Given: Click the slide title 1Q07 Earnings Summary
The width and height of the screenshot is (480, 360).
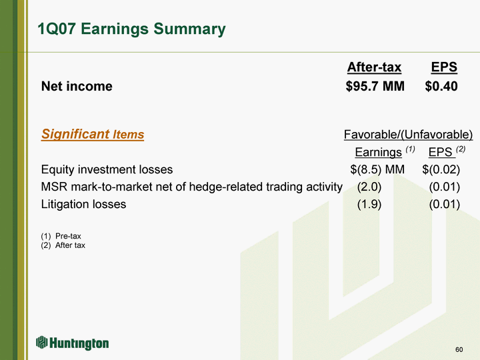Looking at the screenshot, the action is [131, 29].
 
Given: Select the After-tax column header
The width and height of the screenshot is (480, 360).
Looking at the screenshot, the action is [374, 67].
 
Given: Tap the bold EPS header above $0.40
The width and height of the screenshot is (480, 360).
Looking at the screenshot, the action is [444, 67].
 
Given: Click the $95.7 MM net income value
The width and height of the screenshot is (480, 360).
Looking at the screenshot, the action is [375, 86].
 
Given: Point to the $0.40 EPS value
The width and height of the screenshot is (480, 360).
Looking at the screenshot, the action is [441, 86].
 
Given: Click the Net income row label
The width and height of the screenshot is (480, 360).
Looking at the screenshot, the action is [77, 86].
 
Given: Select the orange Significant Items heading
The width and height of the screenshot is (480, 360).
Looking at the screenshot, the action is [93, 134].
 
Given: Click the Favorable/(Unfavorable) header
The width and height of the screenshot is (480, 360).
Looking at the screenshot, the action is [409, 135].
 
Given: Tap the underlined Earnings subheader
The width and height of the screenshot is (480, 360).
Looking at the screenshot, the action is [379, 152].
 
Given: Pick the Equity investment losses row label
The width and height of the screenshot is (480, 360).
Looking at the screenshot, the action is [107, 169].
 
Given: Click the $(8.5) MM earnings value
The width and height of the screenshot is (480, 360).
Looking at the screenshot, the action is [377, 169].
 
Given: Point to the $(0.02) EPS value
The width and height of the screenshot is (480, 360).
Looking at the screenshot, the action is [441, 169].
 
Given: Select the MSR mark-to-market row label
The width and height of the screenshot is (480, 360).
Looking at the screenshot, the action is [191, 187].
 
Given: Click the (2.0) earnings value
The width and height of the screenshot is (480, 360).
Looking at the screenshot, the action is [369, 187].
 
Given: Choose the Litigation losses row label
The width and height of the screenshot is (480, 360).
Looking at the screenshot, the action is [83, 204].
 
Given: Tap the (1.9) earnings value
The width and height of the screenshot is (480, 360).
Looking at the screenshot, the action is [369, 204].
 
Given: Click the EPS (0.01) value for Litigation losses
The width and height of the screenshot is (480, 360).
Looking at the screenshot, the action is [445, 204].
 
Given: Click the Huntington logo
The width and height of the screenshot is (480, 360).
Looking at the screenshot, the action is [72, 343].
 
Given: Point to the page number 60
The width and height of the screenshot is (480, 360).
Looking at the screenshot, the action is [459, 349].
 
